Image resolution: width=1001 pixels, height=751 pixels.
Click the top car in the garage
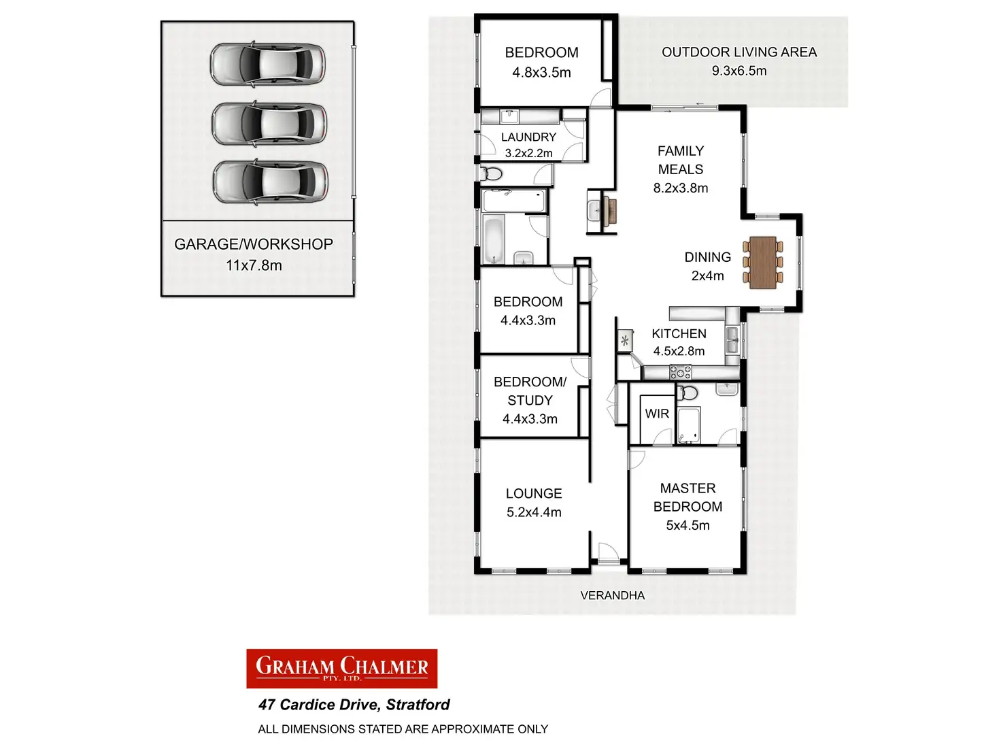pos(267,64)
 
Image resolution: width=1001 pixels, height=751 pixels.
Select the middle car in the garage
pos(269,123)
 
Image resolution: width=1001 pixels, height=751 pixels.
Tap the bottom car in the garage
pos(270,182)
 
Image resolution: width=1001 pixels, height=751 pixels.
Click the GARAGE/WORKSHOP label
pos(254,244)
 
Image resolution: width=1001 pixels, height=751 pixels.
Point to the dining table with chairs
pos(762,263)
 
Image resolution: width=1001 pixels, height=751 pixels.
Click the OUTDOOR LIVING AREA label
pos(739,52)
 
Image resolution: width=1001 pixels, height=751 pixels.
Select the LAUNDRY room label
pos(528,137)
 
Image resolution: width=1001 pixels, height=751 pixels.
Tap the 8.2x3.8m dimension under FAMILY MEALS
pos(681,188)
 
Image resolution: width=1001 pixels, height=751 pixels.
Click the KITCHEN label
pos(679,334)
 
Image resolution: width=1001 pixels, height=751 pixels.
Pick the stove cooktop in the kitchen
pos(681,371)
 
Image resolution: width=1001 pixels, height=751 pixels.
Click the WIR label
pos(657,414)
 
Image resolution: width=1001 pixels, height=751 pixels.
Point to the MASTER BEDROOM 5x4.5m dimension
pos(688,525)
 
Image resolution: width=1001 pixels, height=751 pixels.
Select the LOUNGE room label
pos(534,494)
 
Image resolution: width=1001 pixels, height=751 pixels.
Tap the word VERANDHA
pos(612,595)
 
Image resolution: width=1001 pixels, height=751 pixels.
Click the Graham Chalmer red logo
pos(341,668)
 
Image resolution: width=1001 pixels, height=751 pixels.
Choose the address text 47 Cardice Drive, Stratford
pos(354,705)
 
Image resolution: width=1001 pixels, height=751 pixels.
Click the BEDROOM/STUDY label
pos(530,391)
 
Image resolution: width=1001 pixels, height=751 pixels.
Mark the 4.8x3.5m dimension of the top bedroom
pos(541,73)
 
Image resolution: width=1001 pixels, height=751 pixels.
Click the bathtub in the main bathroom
pos(494,239)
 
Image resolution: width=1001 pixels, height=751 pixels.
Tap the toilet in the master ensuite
pos(688,393)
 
